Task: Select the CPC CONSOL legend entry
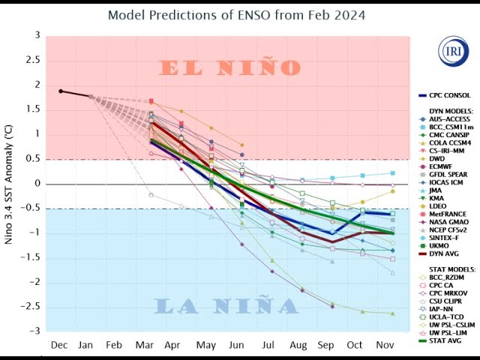448,95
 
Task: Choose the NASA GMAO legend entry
448,223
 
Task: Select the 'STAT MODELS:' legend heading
450,267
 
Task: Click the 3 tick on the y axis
37,35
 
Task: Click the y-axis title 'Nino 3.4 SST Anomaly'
9,184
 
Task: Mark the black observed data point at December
61,91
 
